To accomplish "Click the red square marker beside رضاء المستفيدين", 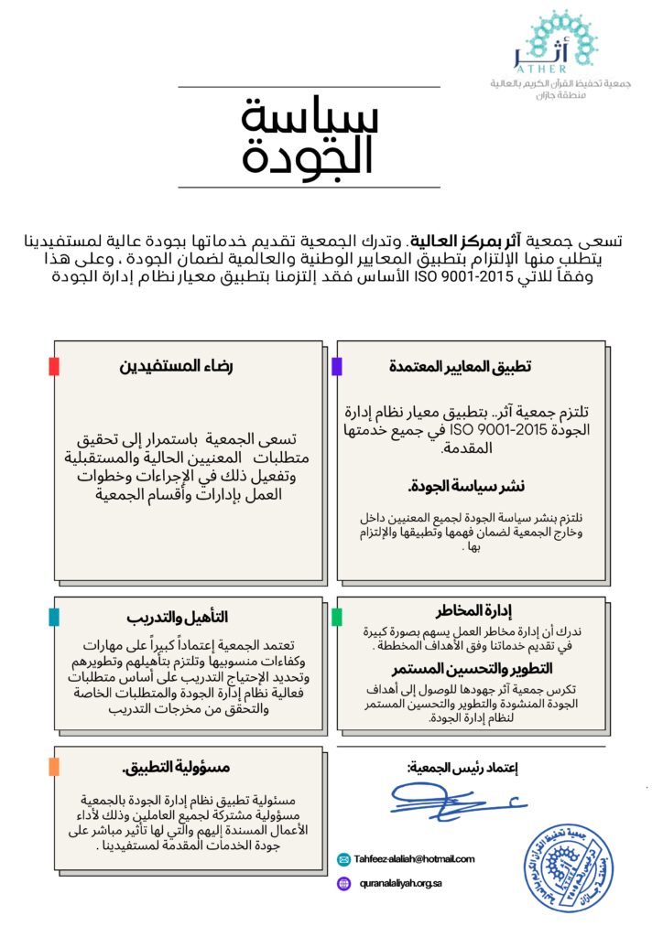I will click(x=54, y=366).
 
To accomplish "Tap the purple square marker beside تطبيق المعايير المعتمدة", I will click(x=336, y=366).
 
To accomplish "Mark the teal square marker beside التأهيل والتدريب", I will click(x=54, y=617).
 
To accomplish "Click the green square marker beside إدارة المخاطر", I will click(x=336, y=617).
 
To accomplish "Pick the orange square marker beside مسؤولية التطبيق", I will click(x=54, y=766).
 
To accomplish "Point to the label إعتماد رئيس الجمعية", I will click(x=462, y=766).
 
